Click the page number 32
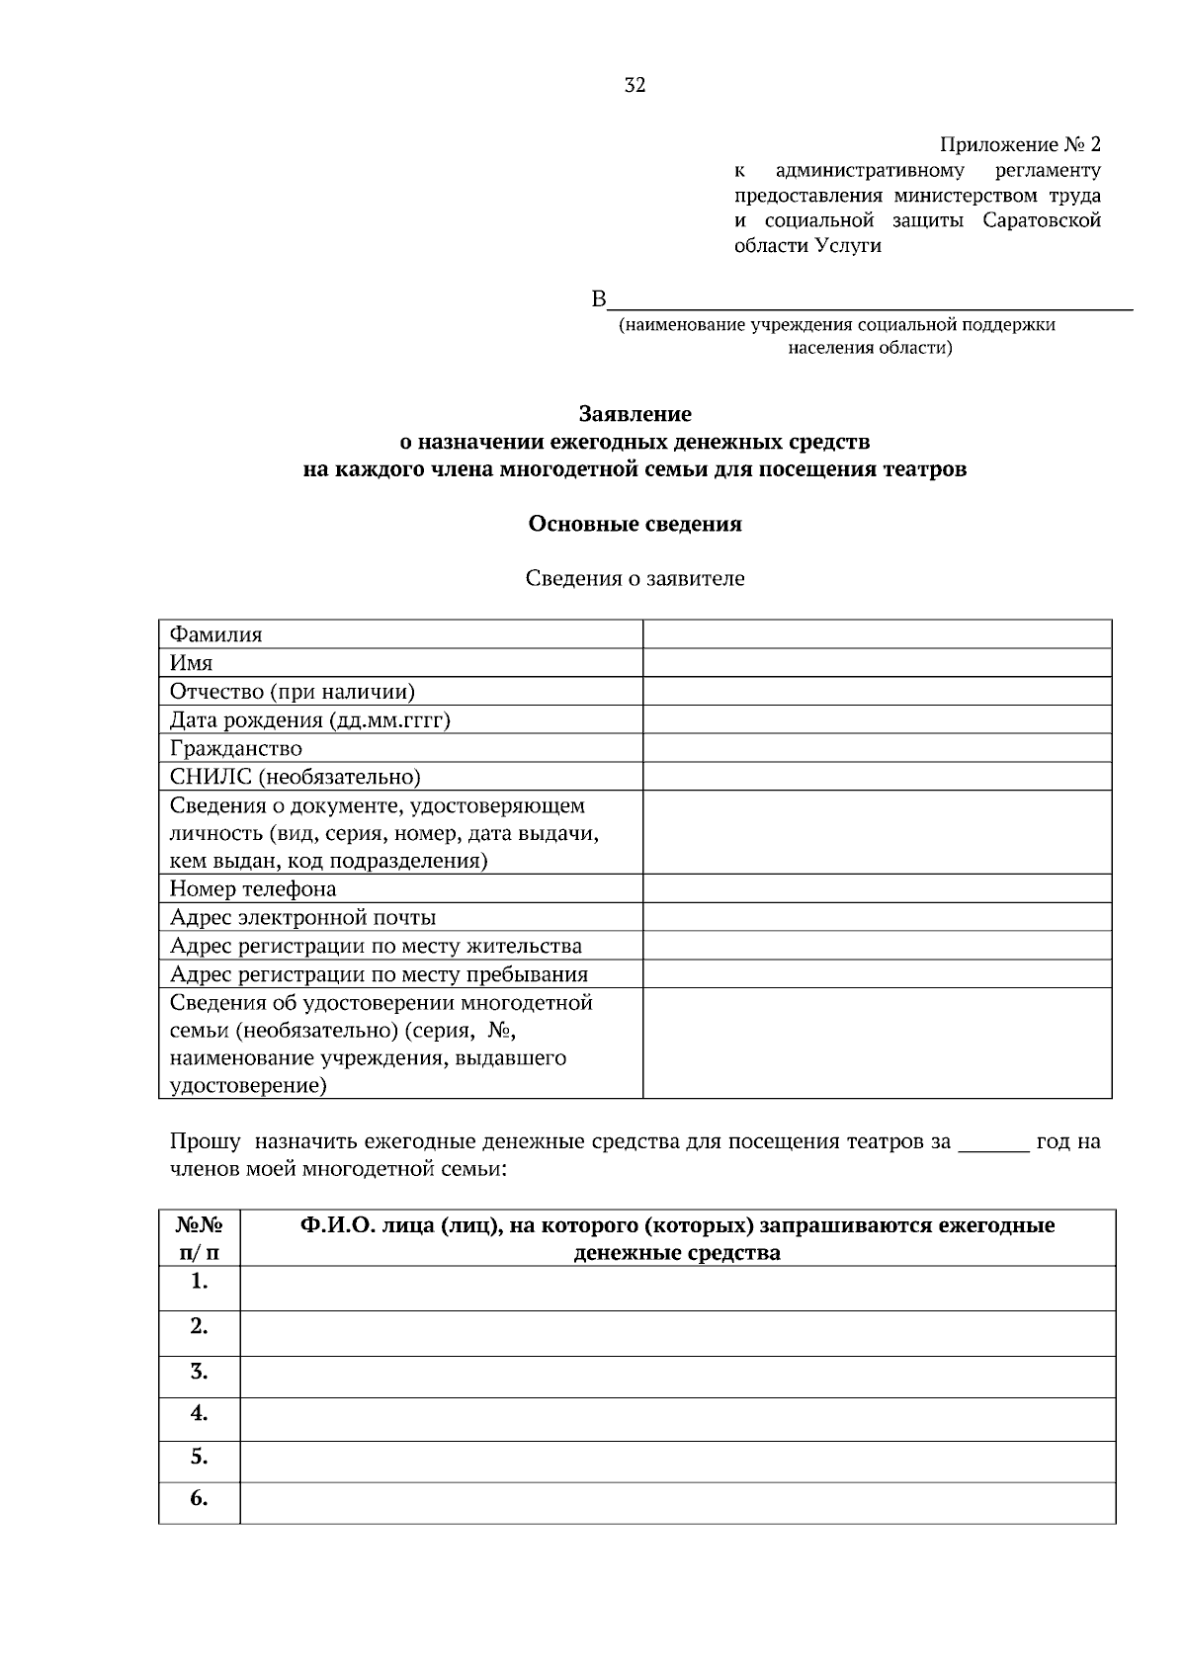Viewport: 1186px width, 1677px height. [x=635, y=86]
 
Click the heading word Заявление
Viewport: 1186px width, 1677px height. [x=635, y=414]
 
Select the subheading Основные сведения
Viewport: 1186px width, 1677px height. [x=635, y=524]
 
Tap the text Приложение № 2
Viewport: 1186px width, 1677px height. [x=1019, y=145]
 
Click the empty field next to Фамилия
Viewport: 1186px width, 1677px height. [x=877, y=634]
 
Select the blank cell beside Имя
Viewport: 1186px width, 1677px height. [x=877, y=663]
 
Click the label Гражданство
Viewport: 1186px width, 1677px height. [x=236, y=748]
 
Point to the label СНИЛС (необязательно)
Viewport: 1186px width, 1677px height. [x=295, y=777]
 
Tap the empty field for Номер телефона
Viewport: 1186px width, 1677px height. [x=877, y=888]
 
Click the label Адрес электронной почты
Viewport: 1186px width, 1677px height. [x=302, y=917]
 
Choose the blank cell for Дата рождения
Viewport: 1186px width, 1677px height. [x=877, y=719]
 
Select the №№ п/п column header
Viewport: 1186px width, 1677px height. [x=199, y=1239]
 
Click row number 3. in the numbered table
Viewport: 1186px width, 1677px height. [x=199, y=1372]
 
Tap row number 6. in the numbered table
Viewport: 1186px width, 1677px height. [x=199, y=1499]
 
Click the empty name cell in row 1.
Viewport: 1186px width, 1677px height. [x=677, y=1289]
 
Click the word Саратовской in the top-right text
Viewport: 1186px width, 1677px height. [x=1042, y=220]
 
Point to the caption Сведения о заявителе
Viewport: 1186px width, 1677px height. [x=635, y=579]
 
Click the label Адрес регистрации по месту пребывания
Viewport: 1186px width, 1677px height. [x=379, y=974]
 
